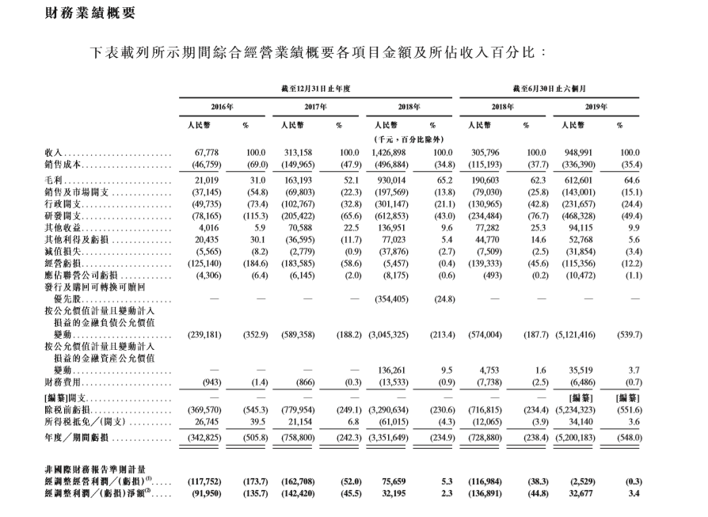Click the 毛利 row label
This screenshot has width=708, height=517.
(x=55, y=181)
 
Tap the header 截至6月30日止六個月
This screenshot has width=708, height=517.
(x=554, y=89)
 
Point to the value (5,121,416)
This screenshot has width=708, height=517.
(x=578, y=335)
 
